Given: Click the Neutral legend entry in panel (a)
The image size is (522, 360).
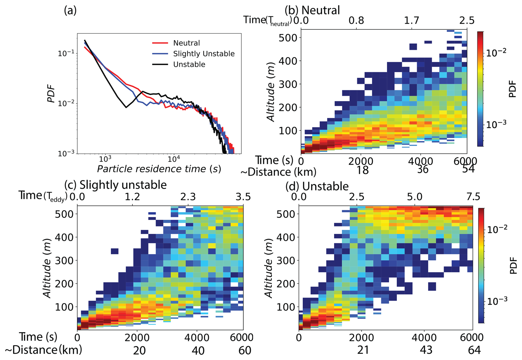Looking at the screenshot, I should tap(186, 43).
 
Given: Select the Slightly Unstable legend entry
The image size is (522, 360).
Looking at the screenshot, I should tap(204, 54).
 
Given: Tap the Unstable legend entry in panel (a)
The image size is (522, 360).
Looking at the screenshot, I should tap(189, 65).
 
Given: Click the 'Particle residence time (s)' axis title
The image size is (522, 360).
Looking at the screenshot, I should tap(159, 169).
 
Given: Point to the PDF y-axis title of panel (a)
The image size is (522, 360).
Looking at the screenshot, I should tap(52, 94).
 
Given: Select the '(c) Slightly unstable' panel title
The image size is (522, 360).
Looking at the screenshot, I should tap(115, 185).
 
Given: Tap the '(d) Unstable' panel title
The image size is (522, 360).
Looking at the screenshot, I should tap(317, 186).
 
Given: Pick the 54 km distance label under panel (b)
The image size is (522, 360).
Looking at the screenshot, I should tap(468, 169).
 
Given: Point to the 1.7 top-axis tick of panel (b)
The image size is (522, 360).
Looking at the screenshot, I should tap(412, 20).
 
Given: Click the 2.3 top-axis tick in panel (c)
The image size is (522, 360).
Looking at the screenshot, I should tap(188, 197).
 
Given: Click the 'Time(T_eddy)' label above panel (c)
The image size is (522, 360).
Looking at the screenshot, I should tap(43, 196).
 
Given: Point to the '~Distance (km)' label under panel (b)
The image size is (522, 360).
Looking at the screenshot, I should tap(278, 172).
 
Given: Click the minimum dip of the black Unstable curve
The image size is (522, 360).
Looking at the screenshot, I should tap(126, 107).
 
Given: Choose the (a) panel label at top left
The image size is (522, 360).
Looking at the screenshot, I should tap(70, 10).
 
